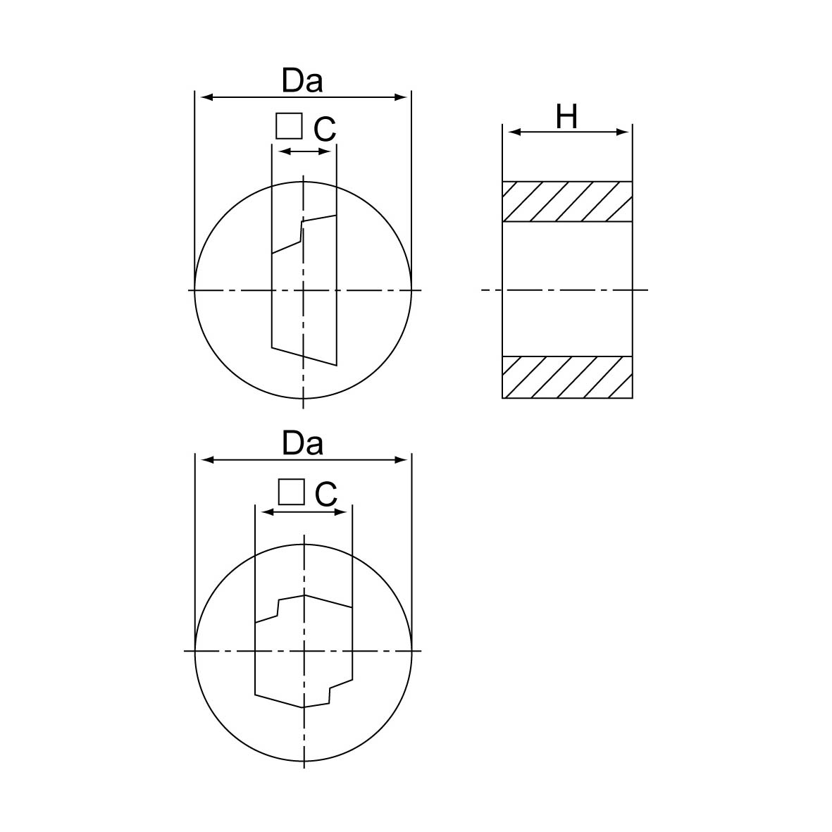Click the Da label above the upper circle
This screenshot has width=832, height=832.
tap(302, 80)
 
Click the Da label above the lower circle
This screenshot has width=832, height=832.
tap(302, 443)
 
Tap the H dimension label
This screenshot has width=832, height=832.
tap(566, 117)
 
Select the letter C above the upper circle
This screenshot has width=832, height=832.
tap(325, 128)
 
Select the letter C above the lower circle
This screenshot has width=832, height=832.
tap(325, 494)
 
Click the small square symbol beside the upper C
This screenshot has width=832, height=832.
tap(289, 126)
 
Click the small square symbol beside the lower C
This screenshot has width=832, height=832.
tap(292, 491)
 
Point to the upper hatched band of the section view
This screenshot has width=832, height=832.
tap(567, 201)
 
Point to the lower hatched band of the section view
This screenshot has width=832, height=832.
tap(567, 378)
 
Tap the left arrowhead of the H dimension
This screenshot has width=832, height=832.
tap(514, 132)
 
